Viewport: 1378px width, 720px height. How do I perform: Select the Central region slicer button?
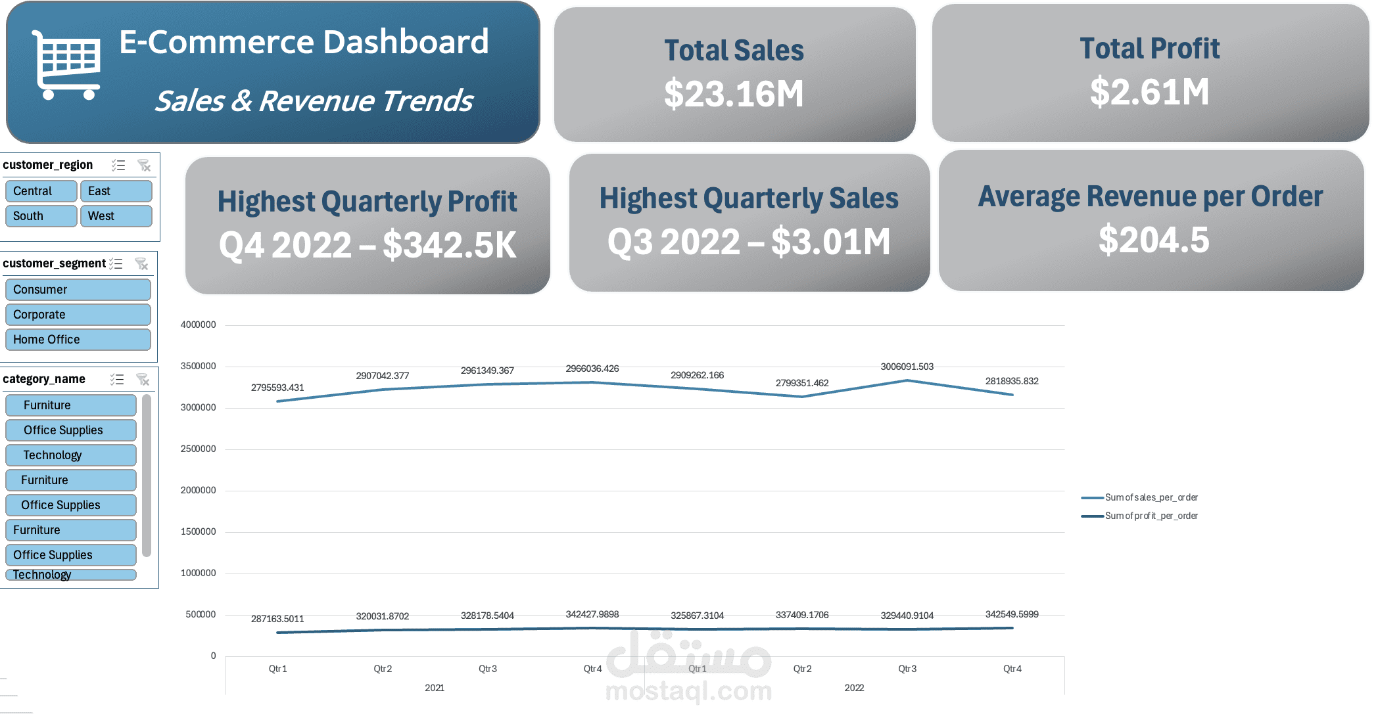(x=41, y=191)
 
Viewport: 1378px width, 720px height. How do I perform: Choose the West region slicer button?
(x=116, y=216)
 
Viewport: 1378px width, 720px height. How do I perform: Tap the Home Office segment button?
(x=78, y=340)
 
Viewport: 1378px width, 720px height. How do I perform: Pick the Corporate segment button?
(x=78, y=315)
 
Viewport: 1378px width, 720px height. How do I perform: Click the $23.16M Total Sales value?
(x=734, y=94)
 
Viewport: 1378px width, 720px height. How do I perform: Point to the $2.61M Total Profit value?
(x=1149, y=92)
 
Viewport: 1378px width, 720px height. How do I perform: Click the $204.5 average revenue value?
(x=1154, y=240)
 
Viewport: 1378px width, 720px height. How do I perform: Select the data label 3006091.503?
(x=907, y=367)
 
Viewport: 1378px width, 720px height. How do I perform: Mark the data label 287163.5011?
(x=277, y=619)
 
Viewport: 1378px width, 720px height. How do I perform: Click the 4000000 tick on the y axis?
(x=198, y=325)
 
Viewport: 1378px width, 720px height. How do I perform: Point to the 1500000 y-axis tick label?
(x=198, y=531)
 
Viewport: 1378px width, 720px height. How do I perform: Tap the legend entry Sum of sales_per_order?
(x=1151, y=497)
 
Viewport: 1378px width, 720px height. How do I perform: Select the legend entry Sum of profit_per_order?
(x=1151, y=516)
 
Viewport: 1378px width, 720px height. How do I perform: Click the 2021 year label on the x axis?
(x=435, y=688)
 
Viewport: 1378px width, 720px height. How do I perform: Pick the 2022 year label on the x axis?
(x=854, y=688)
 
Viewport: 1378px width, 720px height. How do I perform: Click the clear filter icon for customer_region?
(x=144, y=166)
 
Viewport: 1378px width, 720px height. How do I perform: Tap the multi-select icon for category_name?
(x=117, y=380)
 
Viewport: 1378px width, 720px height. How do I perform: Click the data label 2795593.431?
(x=277, y=388)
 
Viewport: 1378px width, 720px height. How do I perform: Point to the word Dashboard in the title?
(x=406, y=42)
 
